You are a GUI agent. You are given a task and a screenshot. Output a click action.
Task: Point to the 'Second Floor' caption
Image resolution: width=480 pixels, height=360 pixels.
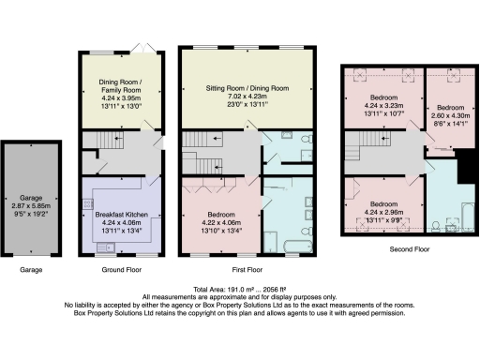[x=411, y=250]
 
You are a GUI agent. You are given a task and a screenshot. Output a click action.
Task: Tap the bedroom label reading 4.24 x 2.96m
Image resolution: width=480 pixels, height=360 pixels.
[x=381, y=210]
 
